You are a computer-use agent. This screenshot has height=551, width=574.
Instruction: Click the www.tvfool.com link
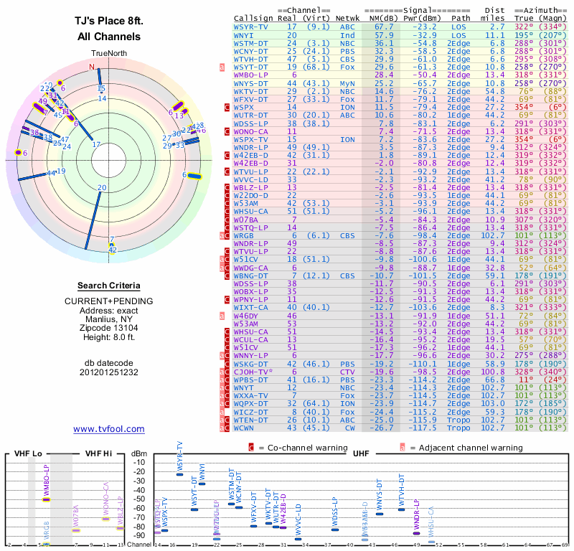pyautogui.click(x=108, y=429)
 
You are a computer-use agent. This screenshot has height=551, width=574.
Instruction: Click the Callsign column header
pyautogui.click(x=254, y=19)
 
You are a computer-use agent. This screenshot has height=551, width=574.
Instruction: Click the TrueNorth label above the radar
pyautogui.click(x=108, y=54)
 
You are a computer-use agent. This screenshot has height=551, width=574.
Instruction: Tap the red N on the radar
pyautogui.click(x=91, y=67)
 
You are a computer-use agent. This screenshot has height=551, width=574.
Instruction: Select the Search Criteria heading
pyautogui.click(x=109, y=285)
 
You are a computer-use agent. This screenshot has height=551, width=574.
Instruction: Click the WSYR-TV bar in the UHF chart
pyautogui.click(x=179, y=474)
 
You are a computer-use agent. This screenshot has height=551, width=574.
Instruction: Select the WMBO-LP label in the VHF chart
pyautogui.click(x=47, y=481)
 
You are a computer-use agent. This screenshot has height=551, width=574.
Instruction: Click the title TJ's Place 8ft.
pyautogui.click(x=108, y=22)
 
